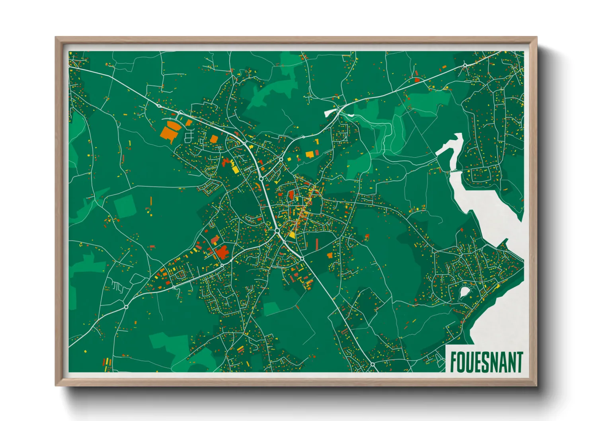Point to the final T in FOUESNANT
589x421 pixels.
(x=519, y=362)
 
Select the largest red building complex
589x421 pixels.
(x=222, y=252)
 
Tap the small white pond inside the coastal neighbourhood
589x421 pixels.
(x=464, y=293)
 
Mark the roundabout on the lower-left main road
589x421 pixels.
(x=126, y=307)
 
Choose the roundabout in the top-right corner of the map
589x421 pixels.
(x=465, y=65)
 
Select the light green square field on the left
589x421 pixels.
(x=125, y=206)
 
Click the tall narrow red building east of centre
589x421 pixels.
(x=317, y=244)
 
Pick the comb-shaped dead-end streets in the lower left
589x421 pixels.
(x=116, y=286)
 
